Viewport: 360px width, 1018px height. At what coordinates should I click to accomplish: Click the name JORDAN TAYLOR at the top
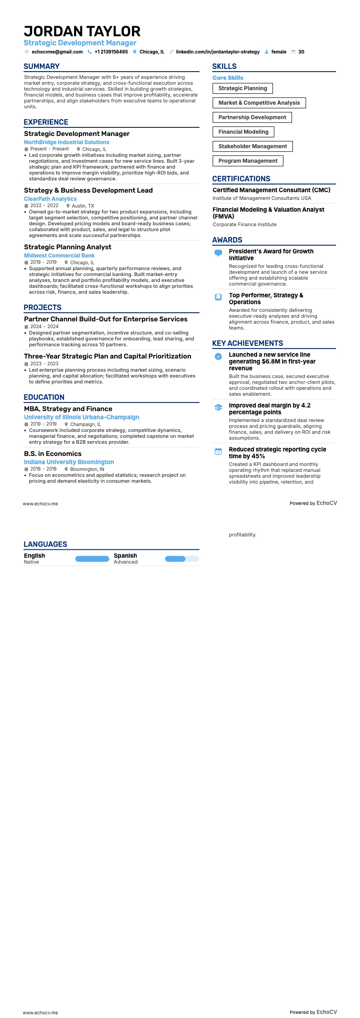coord(82,31)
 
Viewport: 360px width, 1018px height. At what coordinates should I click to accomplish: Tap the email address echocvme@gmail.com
coord(57,52)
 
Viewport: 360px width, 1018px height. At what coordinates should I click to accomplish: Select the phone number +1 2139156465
coord(111,52)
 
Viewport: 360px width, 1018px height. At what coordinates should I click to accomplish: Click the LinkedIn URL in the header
coord(218,52)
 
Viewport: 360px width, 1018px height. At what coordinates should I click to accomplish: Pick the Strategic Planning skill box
coord(243,88)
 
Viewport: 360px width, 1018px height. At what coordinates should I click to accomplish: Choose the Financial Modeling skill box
coord(243,132)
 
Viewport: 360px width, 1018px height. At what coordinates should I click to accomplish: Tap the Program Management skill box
coord(248,161)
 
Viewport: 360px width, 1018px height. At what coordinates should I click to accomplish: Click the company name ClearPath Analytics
coord(50,199)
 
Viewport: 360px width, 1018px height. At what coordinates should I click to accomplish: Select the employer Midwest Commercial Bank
coord(59,256)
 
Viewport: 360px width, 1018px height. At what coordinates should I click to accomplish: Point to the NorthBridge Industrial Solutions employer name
coord(67,142)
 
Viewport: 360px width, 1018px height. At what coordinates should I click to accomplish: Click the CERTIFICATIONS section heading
coord(241,179)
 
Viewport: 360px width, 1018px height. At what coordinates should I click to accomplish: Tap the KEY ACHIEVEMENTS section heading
coord(248,344)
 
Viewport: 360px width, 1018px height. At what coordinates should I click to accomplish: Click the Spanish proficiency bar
coord(182,559)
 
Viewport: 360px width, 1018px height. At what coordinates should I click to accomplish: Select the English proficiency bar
coord(92,559)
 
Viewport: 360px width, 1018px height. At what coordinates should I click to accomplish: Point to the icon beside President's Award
coord(218,253)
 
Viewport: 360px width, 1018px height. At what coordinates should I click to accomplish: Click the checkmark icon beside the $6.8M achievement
coord(218,357)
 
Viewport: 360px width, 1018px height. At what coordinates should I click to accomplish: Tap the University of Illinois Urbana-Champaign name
coord(82,417)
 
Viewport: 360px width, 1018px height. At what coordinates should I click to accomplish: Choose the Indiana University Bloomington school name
coord(69,462)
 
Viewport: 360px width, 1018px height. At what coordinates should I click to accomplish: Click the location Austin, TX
coord(83,206)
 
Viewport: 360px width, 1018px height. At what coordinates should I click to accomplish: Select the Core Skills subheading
coord(228,78)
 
